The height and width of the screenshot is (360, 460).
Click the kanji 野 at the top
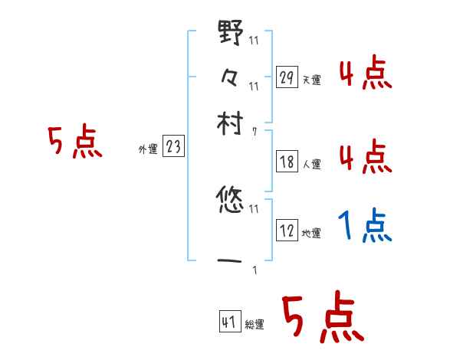tap(230, 34)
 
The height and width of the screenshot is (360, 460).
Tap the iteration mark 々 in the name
tap(230, 77)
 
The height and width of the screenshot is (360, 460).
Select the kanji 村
tap(230, 122)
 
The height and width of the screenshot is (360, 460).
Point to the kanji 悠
tap(230, 201)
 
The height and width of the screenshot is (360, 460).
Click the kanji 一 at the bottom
tap(230, 261)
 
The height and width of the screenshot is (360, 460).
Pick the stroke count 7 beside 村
tap(255, 132)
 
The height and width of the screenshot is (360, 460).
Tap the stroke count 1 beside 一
tap(254, 270)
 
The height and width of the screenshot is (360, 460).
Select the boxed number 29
tap(287, 77)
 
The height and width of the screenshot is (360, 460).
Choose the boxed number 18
tap(287, 162)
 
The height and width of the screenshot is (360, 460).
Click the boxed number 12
tap(287, 231)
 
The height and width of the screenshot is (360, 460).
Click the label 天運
tap(311, 80)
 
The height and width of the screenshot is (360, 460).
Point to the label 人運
tap(311, 164)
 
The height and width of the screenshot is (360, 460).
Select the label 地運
tap(311, 233)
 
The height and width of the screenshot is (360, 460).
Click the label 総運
tap(255, 325)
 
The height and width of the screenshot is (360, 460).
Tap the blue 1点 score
tap(365, 226)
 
